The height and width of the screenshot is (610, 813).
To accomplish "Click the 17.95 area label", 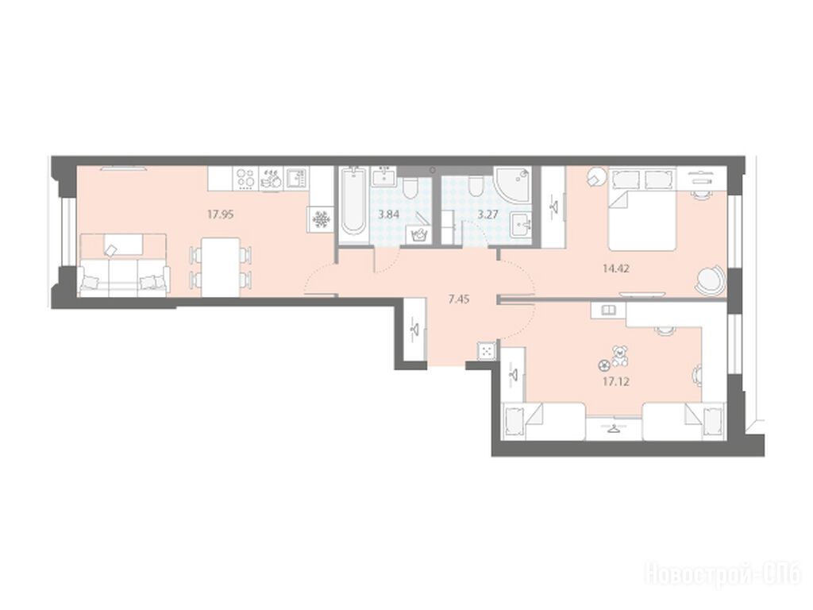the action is pyautogui.click(x=221, y=214).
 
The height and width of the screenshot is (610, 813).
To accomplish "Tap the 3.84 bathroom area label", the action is pyautogui.click(x=389, y=214).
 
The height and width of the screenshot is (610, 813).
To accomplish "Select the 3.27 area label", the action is pyautogui.click(x=488, y=214).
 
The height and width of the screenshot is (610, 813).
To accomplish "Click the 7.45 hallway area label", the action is pyautogui.click(x=459, y=299).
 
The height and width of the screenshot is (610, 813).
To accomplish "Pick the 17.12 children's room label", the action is pyautogui.click(x=616, y=382).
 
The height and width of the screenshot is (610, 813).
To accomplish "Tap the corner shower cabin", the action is pyautogui.click(x=512, y=184).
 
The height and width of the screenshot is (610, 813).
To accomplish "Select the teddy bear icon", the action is pyautogui.click(x=618, y=356).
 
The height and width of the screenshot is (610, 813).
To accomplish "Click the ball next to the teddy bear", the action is pyautogui.click(x=603, y=365).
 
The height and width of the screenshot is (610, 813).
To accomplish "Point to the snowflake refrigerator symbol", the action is pyautogui.click(x=321, y=220).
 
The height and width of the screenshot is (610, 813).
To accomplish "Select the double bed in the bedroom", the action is pyautogui.click(x=642, y=208).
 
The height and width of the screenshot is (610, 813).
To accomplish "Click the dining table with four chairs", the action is pyautogui.click(x=221, y=267).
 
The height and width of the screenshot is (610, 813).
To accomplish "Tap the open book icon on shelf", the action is pyautogui.click(x=607, y=311).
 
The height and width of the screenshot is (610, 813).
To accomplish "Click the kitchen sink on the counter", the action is pyautogui.click(x=296, y=179).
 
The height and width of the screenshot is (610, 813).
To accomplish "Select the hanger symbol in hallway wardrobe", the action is pyautogui.click(x=414, y=330).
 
